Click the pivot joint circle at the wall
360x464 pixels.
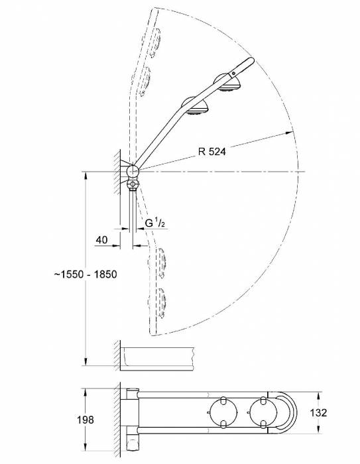point(131,171)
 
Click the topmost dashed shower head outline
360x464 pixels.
point(154,41)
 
